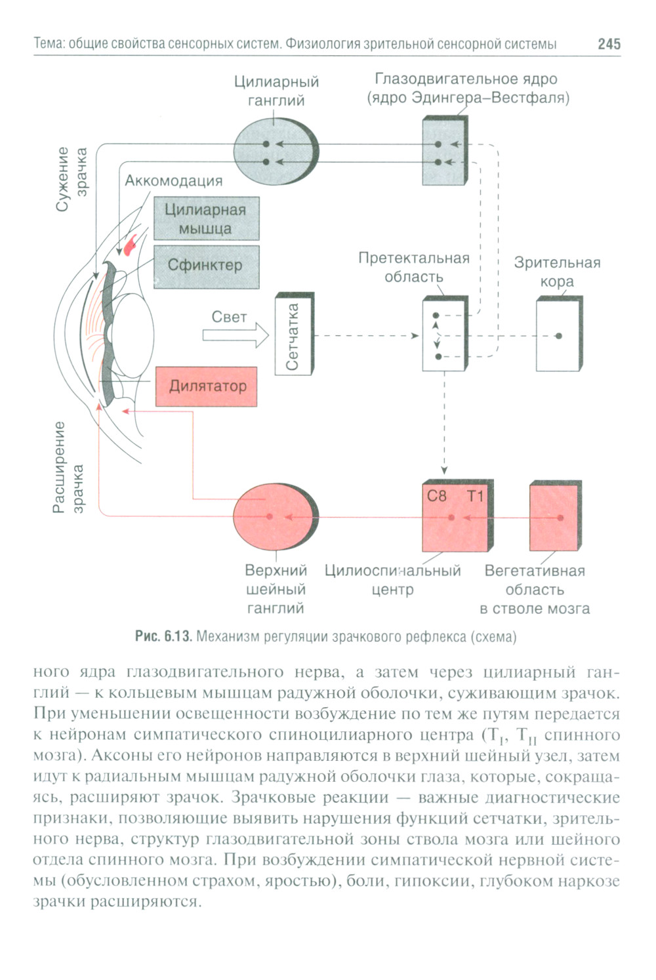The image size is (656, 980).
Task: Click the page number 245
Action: (608, 44)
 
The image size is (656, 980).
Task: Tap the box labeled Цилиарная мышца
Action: (206, 218)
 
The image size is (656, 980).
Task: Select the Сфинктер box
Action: (206, 266)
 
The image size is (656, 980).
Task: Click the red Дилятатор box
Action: (206, 386)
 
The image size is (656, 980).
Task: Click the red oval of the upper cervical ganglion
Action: (274, 517)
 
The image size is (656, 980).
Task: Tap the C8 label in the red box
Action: (437, 497)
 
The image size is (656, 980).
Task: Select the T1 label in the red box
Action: (475, 497)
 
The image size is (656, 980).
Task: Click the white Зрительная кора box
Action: (558, 336)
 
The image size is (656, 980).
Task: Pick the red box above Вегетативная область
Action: (554, 517)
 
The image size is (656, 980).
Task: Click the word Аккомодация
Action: (174, 180)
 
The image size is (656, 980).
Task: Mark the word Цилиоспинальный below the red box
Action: (392, 571)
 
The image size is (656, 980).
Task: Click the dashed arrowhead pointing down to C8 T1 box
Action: (444, 470)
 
